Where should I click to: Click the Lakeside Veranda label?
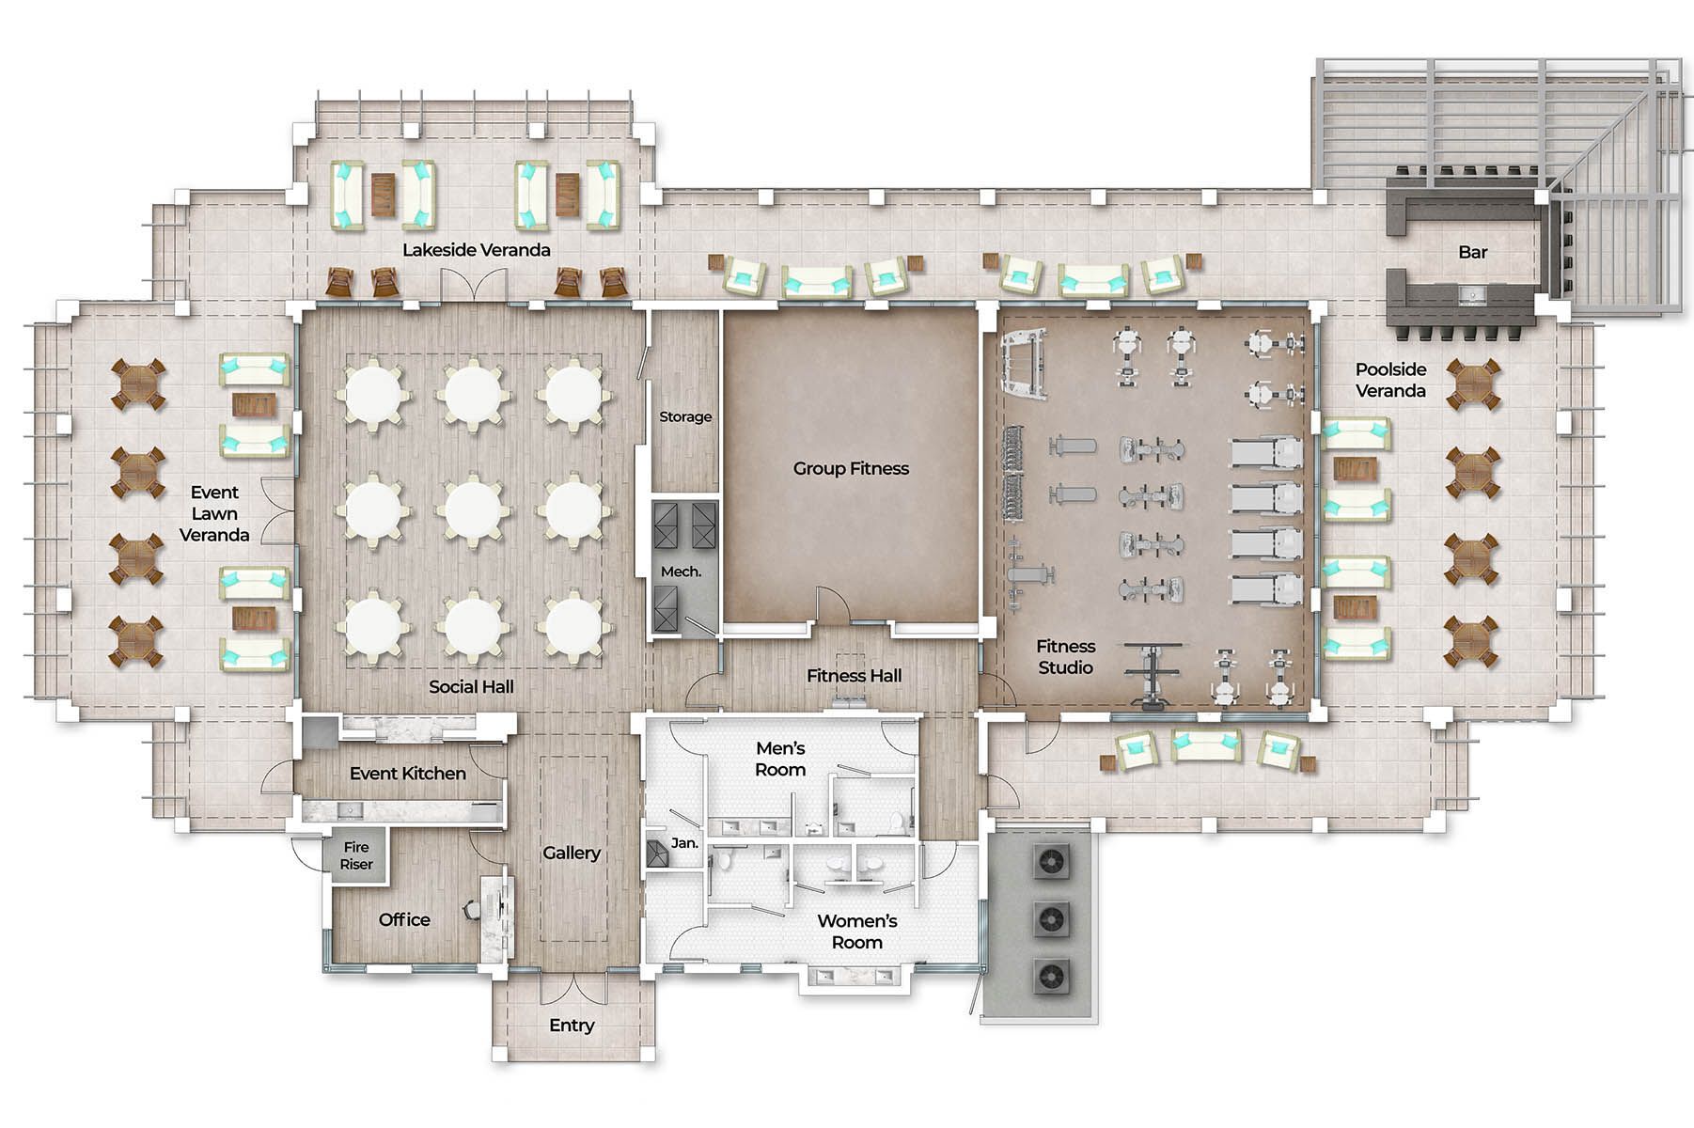point(477,250)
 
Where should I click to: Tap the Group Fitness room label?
point(851,468)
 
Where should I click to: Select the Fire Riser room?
point(356,855)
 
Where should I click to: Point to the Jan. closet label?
point(684,843)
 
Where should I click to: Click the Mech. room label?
point(681,572)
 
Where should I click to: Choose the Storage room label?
point(685,416)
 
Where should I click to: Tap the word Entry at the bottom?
point(572,1025)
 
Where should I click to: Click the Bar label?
point(1473,252)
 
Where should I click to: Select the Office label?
point(404,919)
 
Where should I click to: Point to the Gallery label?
point(572,853)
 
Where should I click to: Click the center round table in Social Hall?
point(473,509)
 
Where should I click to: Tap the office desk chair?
point(472,909)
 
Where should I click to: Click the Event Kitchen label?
point(408,773)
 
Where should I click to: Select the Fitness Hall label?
point(854,675)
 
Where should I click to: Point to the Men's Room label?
point(780,759)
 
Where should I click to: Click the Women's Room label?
point(856,932)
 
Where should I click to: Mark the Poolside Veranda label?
point(1390,380)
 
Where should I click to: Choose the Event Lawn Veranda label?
point(214,513)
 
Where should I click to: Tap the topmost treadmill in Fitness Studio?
point(1265,453)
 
